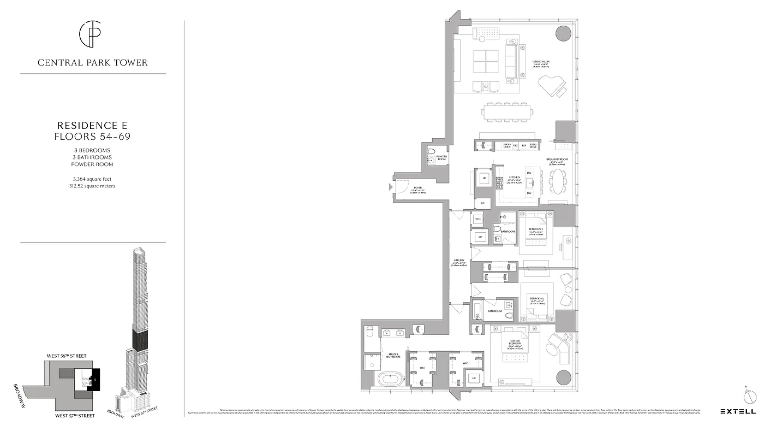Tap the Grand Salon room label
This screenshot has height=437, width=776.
541,62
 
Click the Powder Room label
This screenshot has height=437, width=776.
441,158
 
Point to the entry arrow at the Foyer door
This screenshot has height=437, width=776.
390,187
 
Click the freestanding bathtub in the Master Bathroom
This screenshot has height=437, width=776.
391,379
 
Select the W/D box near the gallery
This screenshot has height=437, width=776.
477,219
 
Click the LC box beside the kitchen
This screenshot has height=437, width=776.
482,203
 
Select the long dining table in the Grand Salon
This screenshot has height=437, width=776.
508,113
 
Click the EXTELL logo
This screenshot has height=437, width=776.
738,411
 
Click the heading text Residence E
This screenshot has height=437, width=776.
92,125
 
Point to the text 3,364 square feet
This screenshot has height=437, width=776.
93,179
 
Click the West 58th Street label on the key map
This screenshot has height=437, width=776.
66,356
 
